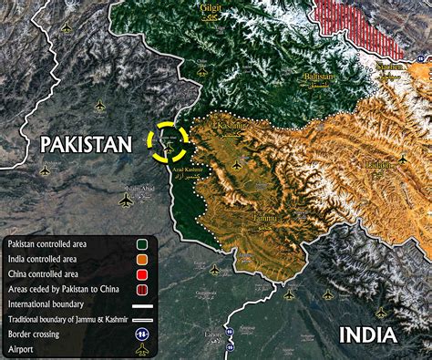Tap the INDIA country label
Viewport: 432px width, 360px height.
point(368,334)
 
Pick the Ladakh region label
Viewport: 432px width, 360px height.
point(378,165)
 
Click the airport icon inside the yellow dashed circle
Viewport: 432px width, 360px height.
point(170,140)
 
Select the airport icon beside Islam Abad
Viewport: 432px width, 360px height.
point(126,199)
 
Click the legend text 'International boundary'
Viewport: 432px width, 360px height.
point(46,303)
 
